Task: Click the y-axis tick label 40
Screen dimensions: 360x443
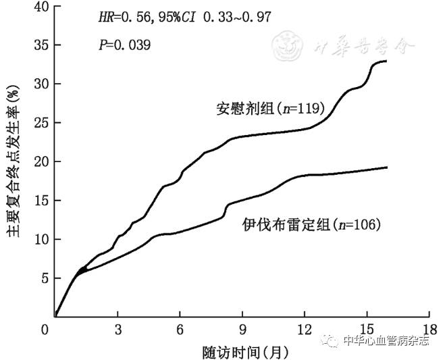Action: coord(42,7)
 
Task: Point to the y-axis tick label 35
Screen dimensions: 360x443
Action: coord(42,45)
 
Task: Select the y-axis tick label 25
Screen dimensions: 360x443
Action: coord(42,123)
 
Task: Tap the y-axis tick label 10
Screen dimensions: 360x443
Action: coord(42,239)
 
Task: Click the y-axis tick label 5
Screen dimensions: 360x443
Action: coord(45,278)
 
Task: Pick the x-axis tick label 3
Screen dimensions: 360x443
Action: coord(118,330)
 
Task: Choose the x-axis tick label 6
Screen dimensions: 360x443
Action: coord(180,330)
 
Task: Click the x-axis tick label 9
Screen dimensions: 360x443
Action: coord(242,330)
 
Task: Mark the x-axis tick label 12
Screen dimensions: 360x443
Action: coord(305,330)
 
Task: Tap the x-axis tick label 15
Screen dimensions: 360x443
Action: coord(367,330)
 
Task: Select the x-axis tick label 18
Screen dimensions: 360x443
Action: coord(429,330)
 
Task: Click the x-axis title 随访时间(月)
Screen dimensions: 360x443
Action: coord(241,351)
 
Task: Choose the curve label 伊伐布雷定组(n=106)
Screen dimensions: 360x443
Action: coord(311,224)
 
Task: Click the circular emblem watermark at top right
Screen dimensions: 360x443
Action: coord(289,45)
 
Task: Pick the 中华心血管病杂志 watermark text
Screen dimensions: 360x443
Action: coord(386,341)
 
